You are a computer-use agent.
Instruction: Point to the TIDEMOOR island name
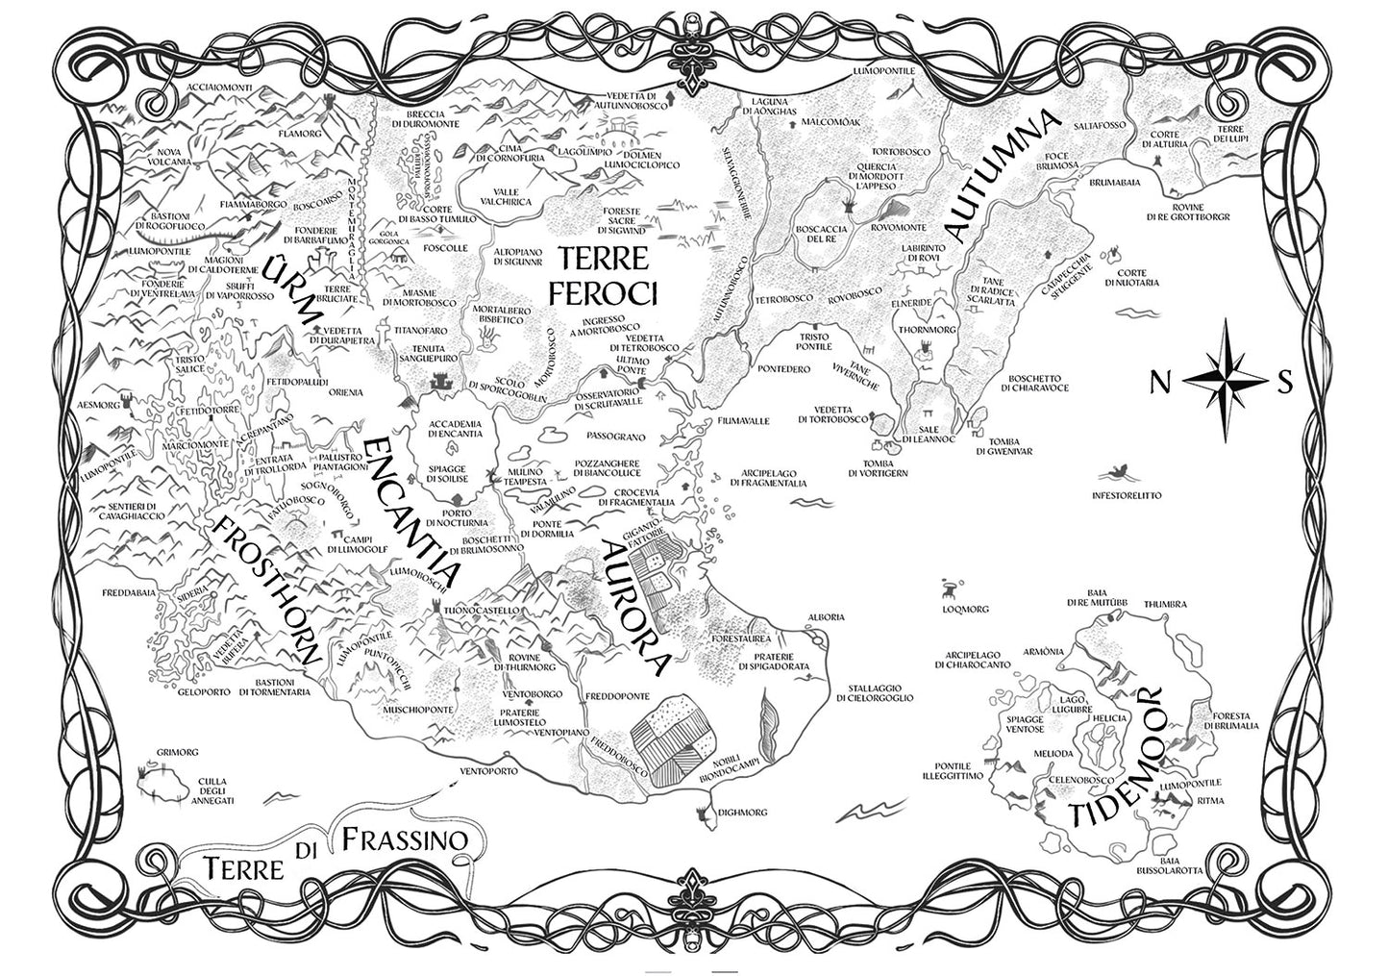1117,759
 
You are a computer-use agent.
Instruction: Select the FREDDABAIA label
129,592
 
